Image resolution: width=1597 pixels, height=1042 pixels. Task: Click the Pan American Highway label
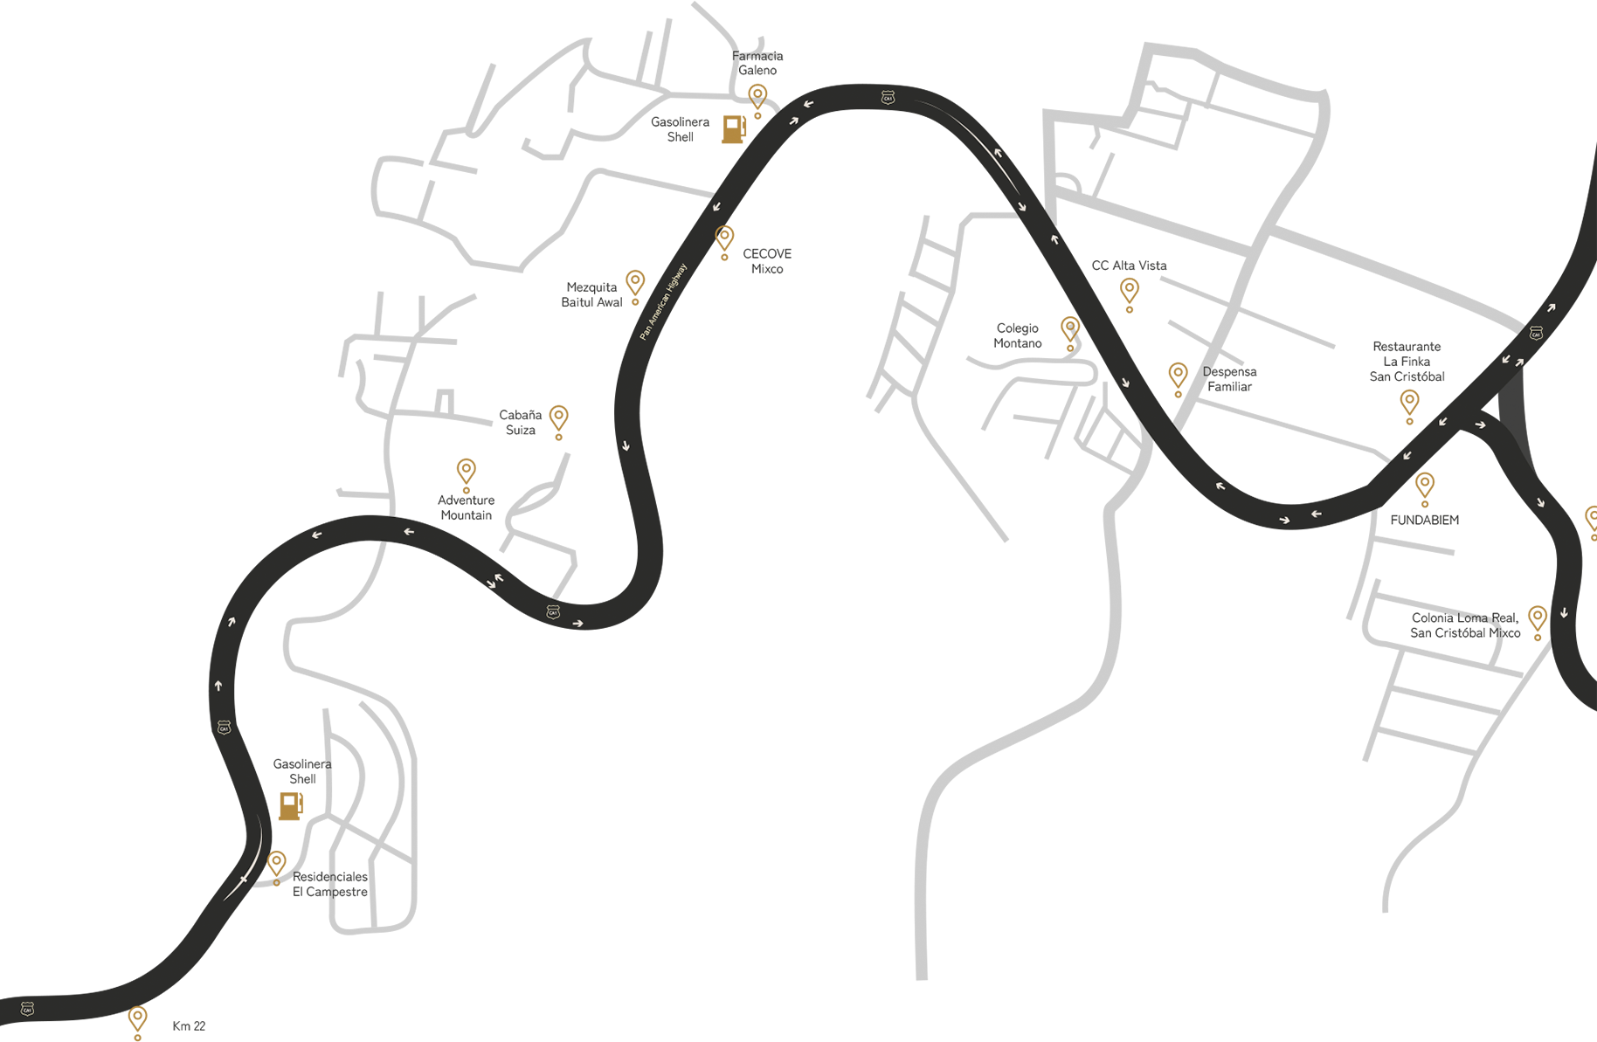click(x=663, y=301)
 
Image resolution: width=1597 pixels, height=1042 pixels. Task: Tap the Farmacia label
click(x=755, y=57)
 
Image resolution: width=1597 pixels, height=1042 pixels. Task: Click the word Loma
click(x=1471, y=618)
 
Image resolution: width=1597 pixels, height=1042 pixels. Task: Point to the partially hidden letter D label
click(x=1207, y=371)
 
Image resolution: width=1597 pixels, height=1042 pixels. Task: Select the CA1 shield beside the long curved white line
click(x=888, y=97)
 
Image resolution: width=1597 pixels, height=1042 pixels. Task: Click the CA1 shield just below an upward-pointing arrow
click(x=224, y=727)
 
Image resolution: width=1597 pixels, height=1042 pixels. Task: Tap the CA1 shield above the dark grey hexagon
click(x=1536, y=333)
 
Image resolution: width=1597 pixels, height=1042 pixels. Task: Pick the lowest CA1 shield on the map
click(x=27, y=1009)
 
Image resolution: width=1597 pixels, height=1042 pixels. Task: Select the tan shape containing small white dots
click(x=1065, y=328)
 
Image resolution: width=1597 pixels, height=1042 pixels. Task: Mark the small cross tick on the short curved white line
click(x=244, y=879)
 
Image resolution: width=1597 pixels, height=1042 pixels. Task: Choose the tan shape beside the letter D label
click(x=1173, y=370)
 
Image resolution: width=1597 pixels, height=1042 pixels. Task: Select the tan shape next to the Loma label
click(x=1533, y=615)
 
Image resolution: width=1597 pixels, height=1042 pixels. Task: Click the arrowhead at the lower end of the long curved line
click(x=1022, y=208)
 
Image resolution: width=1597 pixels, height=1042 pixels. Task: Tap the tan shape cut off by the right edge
click(x=1587, y=498)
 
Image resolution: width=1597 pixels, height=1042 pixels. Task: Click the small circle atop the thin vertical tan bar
click(x=277, y=883)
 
